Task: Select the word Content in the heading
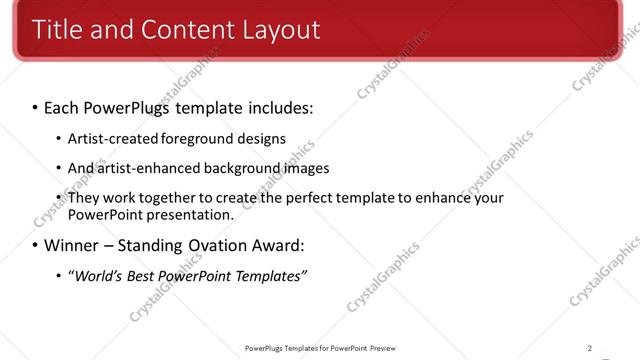[188, 30]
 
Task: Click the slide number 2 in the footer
[590, 348]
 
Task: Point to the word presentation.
[190, 214]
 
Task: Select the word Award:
[277, 245]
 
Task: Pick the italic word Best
[140, 276]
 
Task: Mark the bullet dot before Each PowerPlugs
[35, 106]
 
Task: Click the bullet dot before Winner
[35, 245]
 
